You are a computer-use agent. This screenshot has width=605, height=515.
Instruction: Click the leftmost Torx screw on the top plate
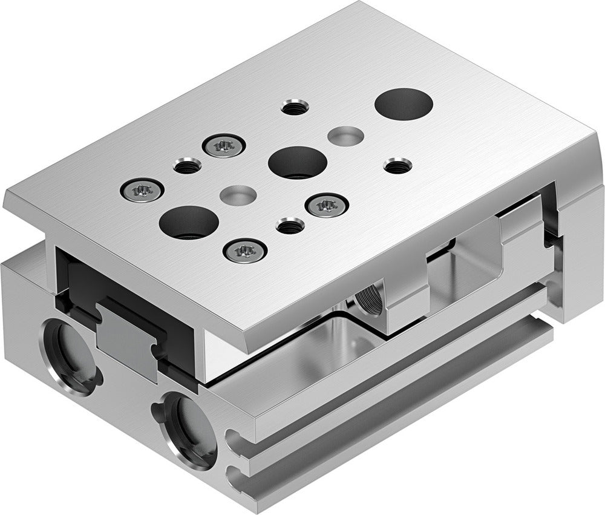point(142,189)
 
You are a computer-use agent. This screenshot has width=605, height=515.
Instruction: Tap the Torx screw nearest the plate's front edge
point(245,249)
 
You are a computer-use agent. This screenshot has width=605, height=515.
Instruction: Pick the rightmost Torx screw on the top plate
point(327,205)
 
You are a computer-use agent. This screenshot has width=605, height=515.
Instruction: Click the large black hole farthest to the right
point(404,103)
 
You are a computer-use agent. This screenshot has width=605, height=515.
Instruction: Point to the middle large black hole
point(298,162)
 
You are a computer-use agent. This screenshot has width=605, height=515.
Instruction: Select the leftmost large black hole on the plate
point(189,221)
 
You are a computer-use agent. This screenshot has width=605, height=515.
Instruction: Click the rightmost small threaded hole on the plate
point(397,165)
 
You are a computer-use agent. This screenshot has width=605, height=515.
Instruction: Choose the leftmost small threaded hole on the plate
point(186,165)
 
